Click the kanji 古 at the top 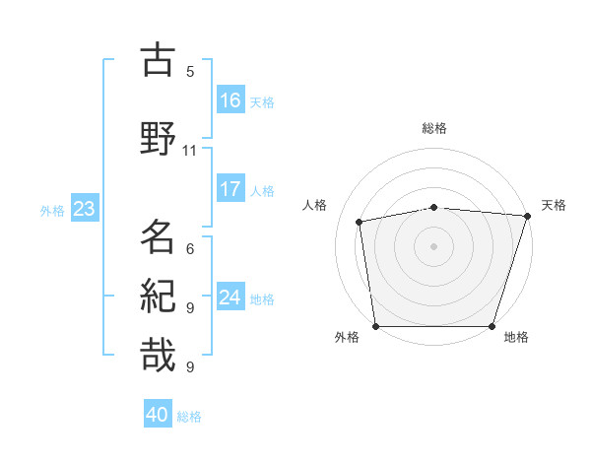(x=158, y=60)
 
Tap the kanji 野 (x=158, y=138)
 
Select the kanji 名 (x=158, y=237)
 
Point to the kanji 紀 (x=158, y=296)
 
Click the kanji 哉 (x=158, y=355)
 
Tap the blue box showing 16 (x=230, y=100)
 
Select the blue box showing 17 (x=230, y=190)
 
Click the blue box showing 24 (x=230, y=298)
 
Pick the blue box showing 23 (x=84, y=209)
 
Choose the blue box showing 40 (x=158, y=416)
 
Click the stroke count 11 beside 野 (x=190, y=151)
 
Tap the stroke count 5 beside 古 (x=190, y=72)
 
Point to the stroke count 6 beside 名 (x=190, y=249)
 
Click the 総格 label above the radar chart (x=434, y=128)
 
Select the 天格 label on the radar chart (x=554, y=205)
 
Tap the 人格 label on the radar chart (x=315, y=205)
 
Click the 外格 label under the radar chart (x=347, y=338)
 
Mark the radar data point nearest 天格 (x=527, y=216)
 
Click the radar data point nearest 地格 (x=492, y=326)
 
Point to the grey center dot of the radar (x=434, y=246)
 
